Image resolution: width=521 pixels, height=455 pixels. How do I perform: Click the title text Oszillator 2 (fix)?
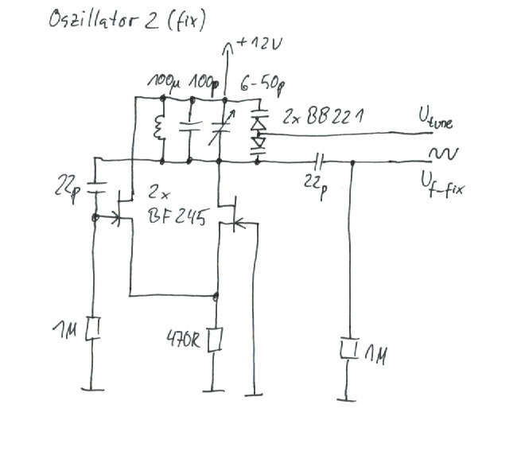(x=127, y=19)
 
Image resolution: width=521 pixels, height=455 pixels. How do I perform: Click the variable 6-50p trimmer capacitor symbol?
(x=222, y=130)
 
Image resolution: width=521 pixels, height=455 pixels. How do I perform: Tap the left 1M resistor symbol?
(x=95, y=328)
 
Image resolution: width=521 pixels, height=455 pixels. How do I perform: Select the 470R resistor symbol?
(x=214, y=340)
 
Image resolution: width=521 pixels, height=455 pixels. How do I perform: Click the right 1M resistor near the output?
(x=348, y=348)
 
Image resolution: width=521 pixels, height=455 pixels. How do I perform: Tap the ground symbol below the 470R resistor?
(x=213, y=390)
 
